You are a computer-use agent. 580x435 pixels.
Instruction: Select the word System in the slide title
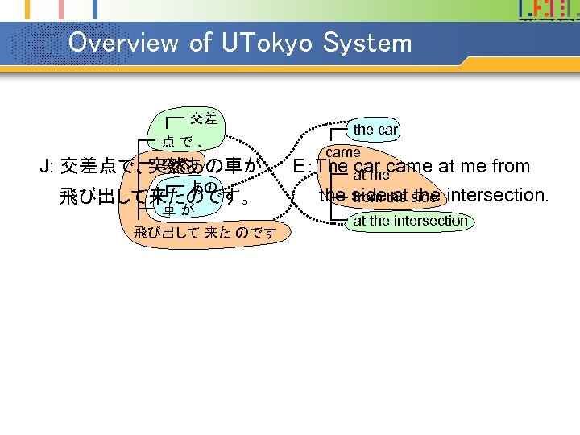(367, 43)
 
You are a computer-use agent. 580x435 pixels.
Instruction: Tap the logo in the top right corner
(548, 10)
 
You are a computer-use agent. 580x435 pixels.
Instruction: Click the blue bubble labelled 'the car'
(375, 130)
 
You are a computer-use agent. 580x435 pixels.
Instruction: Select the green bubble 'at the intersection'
(411, 221)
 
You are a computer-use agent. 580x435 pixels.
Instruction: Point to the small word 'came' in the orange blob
(343, 151)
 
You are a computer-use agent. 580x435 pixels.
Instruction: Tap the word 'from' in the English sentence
(511, 167)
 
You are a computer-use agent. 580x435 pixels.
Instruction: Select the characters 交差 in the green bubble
(203, 119)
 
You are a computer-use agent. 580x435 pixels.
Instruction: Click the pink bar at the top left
(60, 8)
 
